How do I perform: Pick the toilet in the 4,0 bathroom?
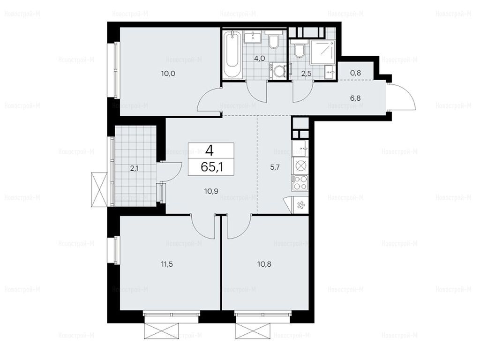tap(273, 42)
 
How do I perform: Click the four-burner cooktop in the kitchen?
tap(300, 183)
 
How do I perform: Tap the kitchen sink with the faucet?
tap(300, 149)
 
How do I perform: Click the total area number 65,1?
tap(211, 167)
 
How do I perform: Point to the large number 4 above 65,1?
tap(210, 150)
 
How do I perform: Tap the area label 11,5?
tap(167, 264)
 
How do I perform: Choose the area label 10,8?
tap(264, 264)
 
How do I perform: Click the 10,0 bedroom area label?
tap(168, 73)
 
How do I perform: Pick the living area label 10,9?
tap(211, 191)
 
